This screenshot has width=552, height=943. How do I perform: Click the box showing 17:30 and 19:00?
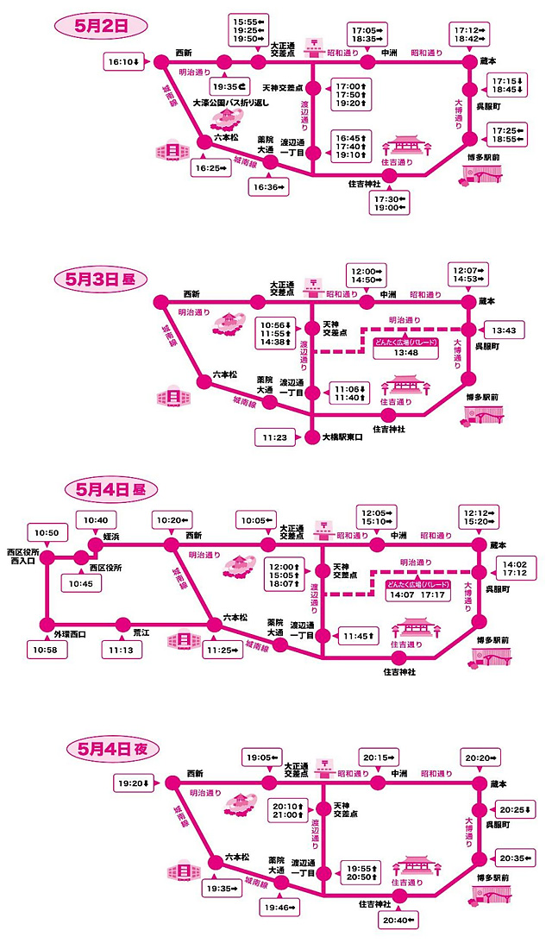[391, 204]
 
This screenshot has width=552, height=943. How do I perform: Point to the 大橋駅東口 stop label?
[342, 437]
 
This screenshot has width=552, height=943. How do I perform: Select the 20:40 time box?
[398, 921]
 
